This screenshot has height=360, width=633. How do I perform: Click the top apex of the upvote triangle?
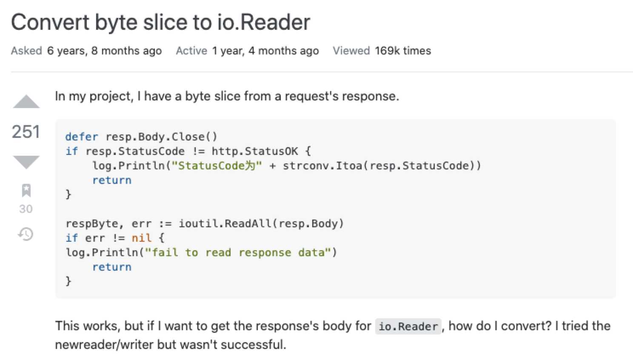tap(26, 94)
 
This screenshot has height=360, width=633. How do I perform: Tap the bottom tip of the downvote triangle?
tap(26, 169)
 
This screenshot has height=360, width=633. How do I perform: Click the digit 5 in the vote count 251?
tap(26, 131)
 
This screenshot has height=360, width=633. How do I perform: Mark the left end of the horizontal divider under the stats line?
tap(11, 72)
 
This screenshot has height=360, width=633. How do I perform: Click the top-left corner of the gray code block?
tap(55, 119)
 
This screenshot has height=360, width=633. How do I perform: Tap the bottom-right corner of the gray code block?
tap(616, 298)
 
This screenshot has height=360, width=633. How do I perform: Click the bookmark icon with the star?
tap(26, 191)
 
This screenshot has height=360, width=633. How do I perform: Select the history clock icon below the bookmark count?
tap(26, 234)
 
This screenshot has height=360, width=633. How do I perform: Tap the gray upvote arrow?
tap(26, 101)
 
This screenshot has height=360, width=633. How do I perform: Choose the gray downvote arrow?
tap(26, 162)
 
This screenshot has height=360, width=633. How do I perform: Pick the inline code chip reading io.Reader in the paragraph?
tap(408, 326)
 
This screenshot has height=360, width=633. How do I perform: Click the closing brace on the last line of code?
tap(68, 281)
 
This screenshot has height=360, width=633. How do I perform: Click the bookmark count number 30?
tap(26, 209)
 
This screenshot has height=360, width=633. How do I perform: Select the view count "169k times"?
tap(403, 51)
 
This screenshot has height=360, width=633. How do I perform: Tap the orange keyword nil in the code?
tap(142, 238)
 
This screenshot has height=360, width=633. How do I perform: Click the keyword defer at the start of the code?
tap(82, 137)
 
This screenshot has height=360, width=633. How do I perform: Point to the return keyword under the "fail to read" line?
tap(112, 267)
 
